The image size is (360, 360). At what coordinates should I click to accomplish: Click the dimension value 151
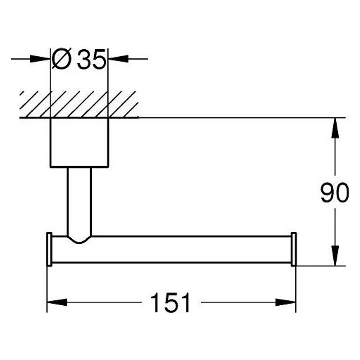[x=170, y=302]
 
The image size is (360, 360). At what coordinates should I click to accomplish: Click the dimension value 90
[x=335, y=192]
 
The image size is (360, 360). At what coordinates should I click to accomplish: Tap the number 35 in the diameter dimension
[x=91, y=59]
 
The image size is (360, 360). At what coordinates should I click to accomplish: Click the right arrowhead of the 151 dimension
[x=285, y=302]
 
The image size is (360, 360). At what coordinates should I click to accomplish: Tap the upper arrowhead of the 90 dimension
[x=335, y=128]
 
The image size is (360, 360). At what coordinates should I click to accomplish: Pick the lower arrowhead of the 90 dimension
[x=335, y=256]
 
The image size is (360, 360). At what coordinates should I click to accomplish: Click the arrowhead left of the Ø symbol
[x=40, y=59]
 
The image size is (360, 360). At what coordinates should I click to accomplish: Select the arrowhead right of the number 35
[x=118, y=59]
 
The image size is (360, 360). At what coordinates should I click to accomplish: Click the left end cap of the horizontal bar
[x=49, y=249]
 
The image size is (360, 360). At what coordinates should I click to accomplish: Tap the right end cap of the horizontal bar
[x=294, y=249]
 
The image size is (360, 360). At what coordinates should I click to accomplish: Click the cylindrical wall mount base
[x=79, y=142]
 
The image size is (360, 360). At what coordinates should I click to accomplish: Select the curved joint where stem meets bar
[x=79, y=239]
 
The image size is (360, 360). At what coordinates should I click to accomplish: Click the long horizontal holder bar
[x=171, y=249]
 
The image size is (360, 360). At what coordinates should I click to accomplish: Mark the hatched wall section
[x=79, y=104]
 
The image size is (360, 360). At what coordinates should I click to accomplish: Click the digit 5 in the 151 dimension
[x=170, y=303]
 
